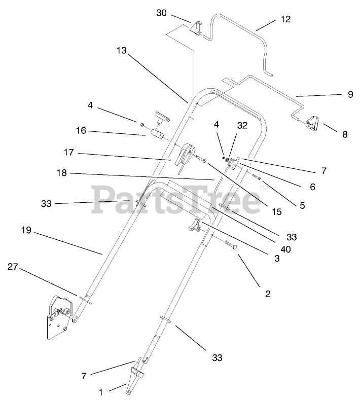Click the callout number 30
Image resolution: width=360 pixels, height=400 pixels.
pyautogui.click(x=161, y=13)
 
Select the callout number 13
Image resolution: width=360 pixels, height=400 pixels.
pyautogui.click(x=121, y=51)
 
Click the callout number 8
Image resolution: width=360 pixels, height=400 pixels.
pyautogui.click(x=345, y=134)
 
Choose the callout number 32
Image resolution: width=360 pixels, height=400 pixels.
pyautogui.click(x=242, y=125)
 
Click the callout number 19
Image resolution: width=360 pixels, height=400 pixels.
pyautogui.click(x=26, y=230)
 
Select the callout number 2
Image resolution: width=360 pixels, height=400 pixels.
pyautogui.click(x=267, y=293)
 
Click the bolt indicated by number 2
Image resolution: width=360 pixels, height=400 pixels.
pyautogui.click(x=230, y=246)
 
